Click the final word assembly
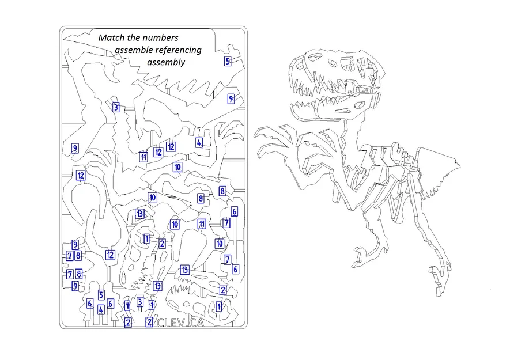click(166, 62)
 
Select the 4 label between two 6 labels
click(101, 310)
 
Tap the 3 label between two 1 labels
click(140, 302)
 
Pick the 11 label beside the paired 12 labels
click(143, 157)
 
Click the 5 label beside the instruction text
click(228, 61)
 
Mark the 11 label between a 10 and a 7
click(202, 223)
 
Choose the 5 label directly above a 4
click(101, 295)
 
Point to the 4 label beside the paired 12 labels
click(199, 142)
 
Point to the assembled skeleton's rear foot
click(439, 276)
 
